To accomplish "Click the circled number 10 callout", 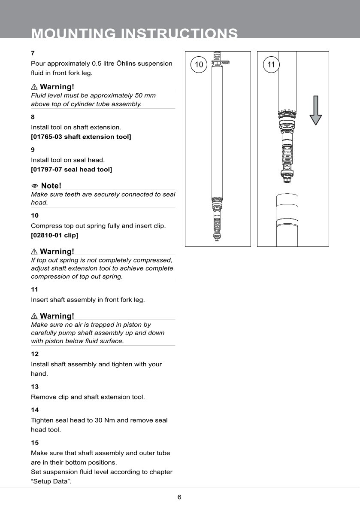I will (x=199, y=65).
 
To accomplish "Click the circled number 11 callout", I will (x=271, y=65).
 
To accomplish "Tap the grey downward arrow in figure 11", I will (x=315, y=110).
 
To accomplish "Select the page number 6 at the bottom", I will (x=179, y=497).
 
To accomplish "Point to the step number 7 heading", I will (x=33, y=53).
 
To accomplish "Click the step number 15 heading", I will (x=35, y=442).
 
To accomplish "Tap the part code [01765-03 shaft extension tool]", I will (x=81, y=137).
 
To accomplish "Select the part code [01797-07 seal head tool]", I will (x=71, y=170).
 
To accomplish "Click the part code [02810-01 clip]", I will (x=54, y=235).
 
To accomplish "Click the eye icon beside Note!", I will (x=35, y=186).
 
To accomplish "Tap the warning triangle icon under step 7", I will (x=34, y=87).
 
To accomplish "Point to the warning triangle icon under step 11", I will (x=34, y=316).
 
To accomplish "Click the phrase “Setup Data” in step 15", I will (x=51, y=481).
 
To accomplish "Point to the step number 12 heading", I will (x=35, y=354).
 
